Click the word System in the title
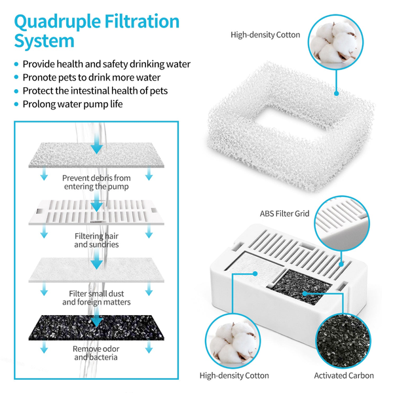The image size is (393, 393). [x=45, y=42]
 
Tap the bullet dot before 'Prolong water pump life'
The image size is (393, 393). [x=16, y=104]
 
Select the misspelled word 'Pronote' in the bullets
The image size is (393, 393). [x=41, y=77]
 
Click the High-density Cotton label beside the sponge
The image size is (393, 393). [x=265, y=34]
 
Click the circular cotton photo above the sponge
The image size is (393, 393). [x=333, y=39]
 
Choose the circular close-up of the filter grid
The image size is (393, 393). [x=345, y=223]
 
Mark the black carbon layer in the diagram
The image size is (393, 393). [x=96, y=327]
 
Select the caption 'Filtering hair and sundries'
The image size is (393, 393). [x=96, y=240]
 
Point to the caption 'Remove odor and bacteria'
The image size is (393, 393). [x=96, y=353]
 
